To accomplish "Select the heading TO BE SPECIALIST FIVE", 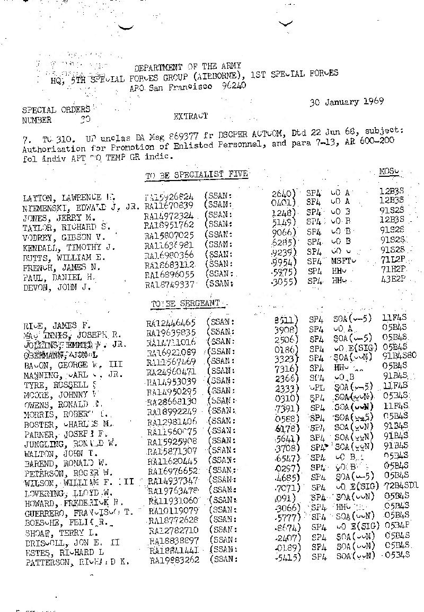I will (196, 174).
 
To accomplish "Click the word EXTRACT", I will (190, 115).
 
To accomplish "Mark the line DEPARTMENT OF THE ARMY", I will (188, 67).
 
